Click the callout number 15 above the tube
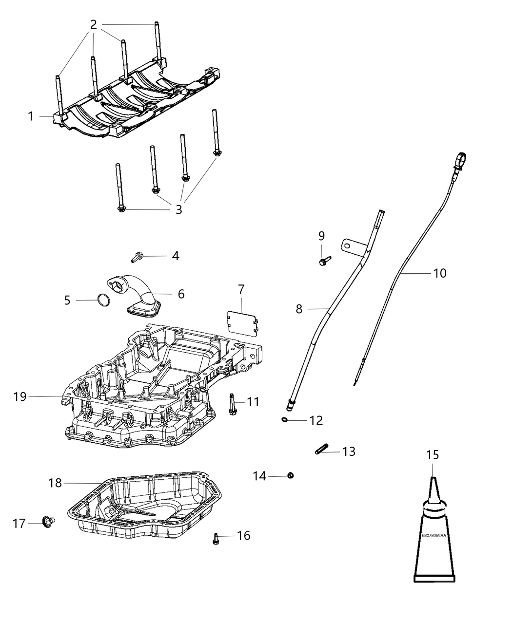[433, 455]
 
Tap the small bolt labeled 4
[138, 256]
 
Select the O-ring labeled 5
[102, 301]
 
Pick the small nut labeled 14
[290, 475]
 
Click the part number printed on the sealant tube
[433, 535]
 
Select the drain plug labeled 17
[48, 522]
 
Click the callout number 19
[20, 397]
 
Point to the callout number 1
[31, 116]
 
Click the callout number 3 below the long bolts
[178, 210]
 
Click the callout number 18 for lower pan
[55, 483]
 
